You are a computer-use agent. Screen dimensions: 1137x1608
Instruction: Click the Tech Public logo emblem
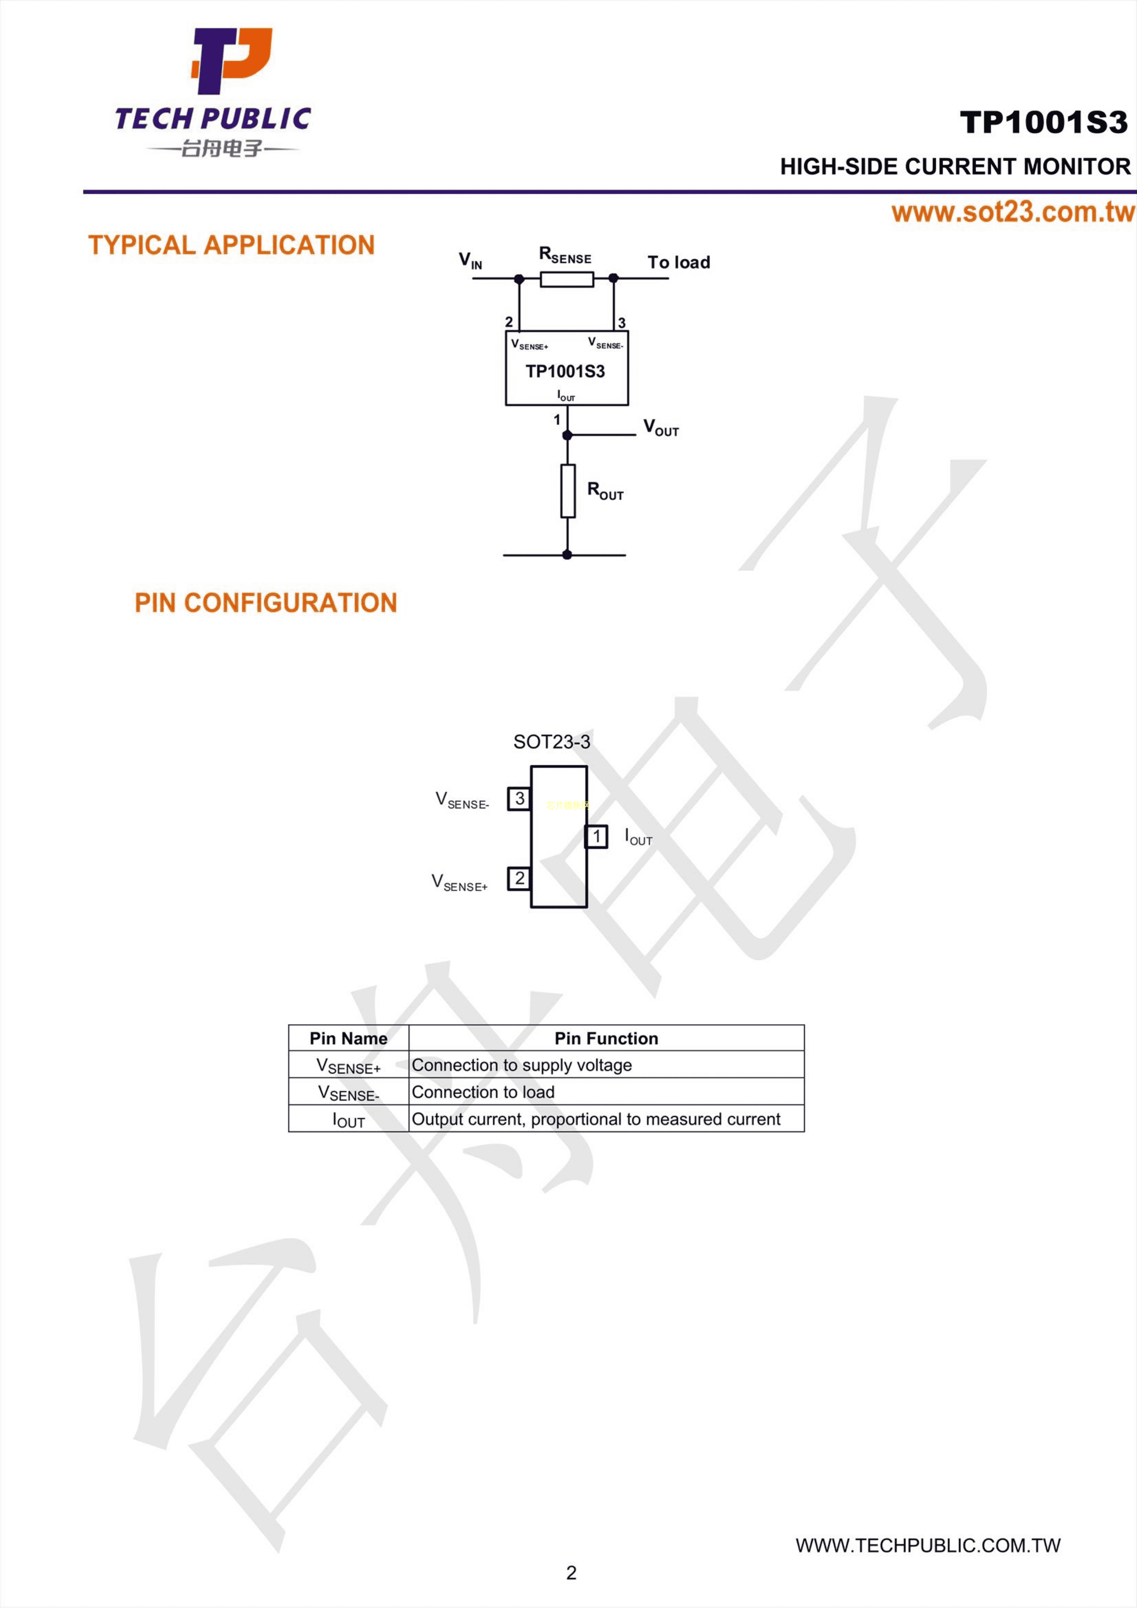pos(231,61)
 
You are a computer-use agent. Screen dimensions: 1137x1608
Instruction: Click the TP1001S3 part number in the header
pos(1044,122)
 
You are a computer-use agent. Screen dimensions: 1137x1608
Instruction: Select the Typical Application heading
pos(231,245)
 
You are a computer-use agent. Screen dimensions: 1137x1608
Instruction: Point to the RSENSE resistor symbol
pos(567,280)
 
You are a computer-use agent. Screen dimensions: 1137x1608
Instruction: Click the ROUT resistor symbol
pos(568,491)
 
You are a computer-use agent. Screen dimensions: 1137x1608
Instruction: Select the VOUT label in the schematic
pos(661,428)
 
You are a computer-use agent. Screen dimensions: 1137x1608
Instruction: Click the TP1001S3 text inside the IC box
pos(565,371)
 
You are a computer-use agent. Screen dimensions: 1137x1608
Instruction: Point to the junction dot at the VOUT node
pos(568,436)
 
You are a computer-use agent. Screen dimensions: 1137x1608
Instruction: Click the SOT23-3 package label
pos(552,741)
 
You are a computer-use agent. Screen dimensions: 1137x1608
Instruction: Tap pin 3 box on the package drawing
pos(519,798)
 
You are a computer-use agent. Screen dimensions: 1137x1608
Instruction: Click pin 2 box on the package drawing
pos(519,878)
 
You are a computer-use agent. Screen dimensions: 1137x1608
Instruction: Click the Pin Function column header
pos(607,1038)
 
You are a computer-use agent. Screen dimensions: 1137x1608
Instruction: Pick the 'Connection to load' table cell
pos(483,1092)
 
